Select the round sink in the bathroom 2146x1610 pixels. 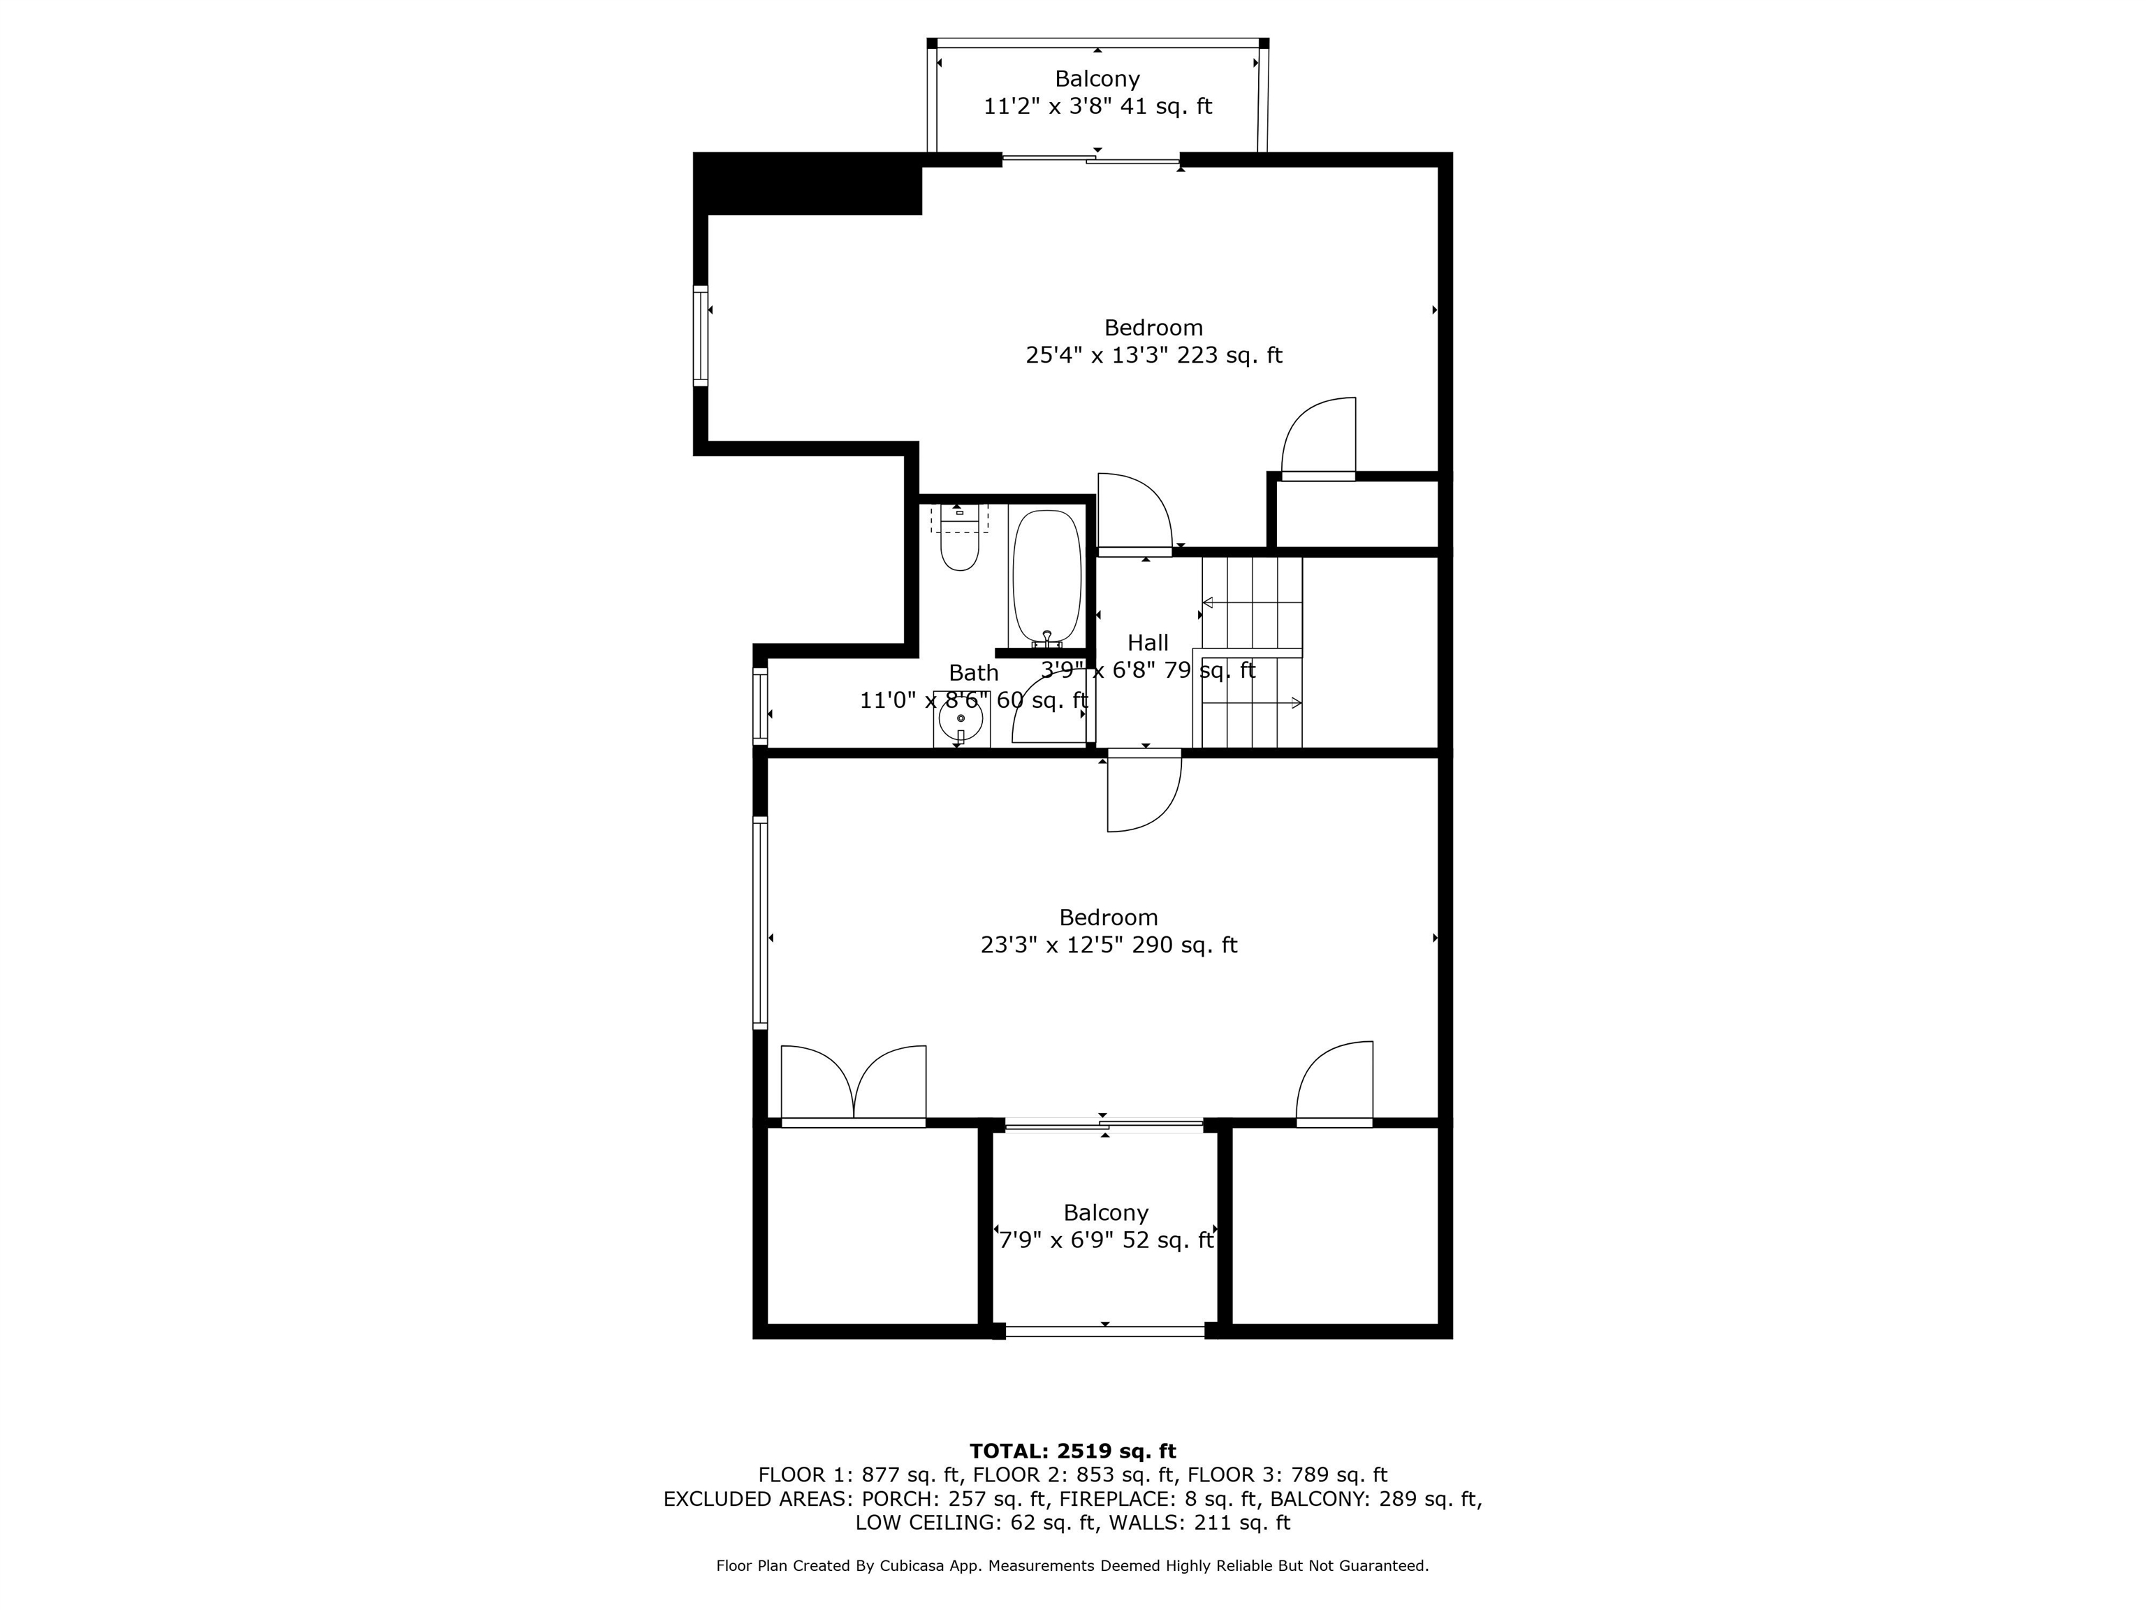[x=961, y=719]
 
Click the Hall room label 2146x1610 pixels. [x=1148, y=642]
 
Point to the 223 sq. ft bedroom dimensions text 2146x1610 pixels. [x=1153, y=355]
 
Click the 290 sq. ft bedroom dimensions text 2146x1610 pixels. [x=1109, y=945]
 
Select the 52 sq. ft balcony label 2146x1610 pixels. [x=1106, y=1240]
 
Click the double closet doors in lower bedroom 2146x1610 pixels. [x=854, y=1086]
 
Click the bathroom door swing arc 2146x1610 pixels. [x=1048, y=707]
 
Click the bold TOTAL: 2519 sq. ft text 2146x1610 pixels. [x=1072, y=1451]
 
